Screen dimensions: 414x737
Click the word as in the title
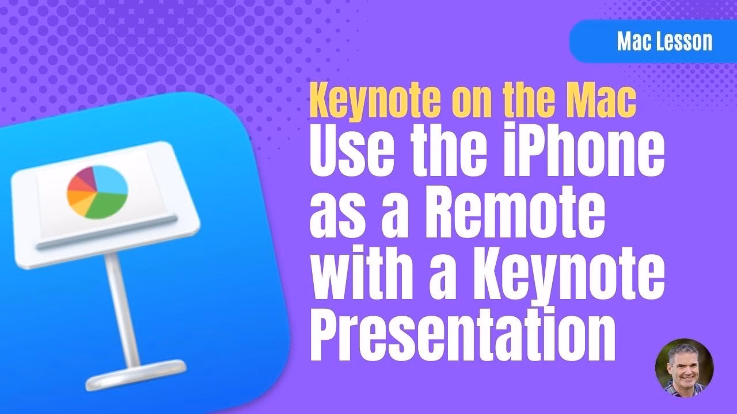point(332,214)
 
